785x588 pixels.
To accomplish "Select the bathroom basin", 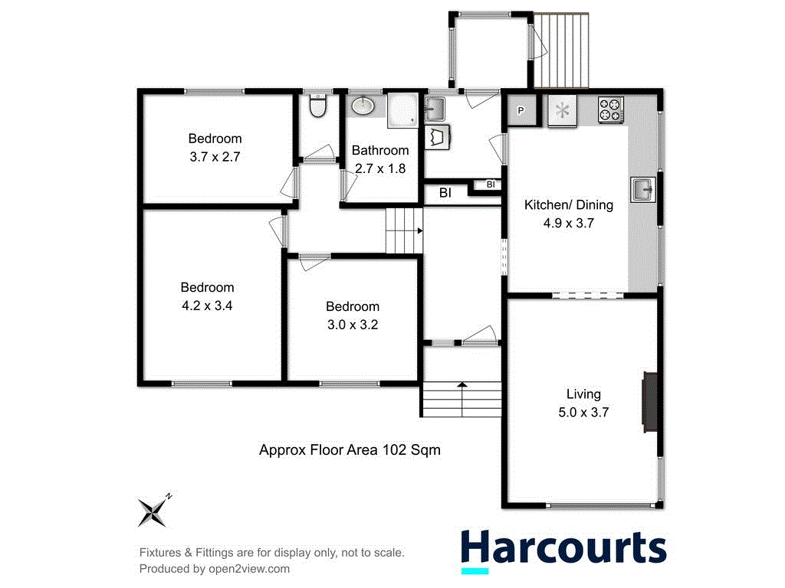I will pyautogui.click(x=363, y=106).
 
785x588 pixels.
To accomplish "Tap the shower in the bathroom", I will pyautogui.click(x=402, y=109).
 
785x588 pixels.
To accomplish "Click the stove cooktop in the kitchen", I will pyautogui.click(x=611, y=109).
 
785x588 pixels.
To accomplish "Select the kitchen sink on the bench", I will pyautogui.click(x=642, y=188).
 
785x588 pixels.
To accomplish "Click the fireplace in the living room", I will pyautogui.click(x=649, y=403).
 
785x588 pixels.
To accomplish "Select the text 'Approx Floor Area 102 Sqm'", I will pyautogui.click(x=350, y=450).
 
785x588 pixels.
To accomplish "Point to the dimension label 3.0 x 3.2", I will pyautogui.click(x=352, y=324).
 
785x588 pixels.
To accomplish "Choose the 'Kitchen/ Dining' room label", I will pyautogui.click(x=568, y=205).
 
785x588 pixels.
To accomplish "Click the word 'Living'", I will pyautogui.click(x=583, y=394).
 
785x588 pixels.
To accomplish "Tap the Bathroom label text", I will pyautogui.click(x=379, y=150).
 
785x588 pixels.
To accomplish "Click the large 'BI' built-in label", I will pyautogui.click(x=445, y=194).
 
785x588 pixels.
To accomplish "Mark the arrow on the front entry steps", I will pyautogui.click(x=461, y=386).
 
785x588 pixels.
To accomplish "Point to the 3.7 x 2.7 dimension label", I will pyautogui.click(x=215, y=156).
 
